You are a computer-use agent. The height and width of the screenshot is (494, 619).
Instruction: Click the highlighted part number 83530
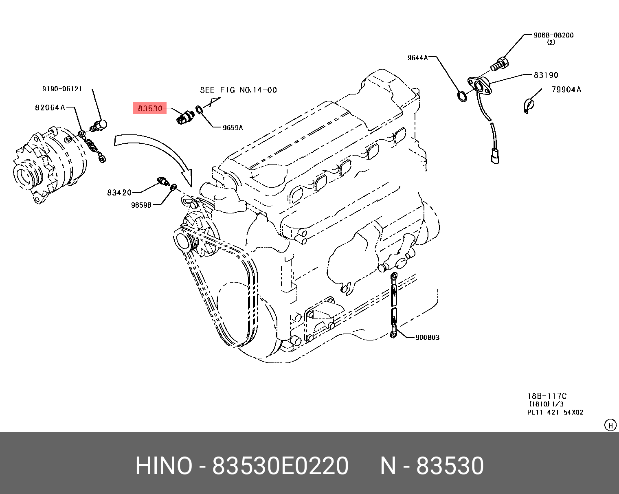click(150, 108)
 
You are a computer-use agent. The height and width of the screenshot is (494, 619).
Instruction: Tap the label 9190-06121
click(62, 89)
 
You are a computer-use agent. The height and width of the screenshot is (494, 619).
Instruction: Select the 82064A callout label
click(50, 108)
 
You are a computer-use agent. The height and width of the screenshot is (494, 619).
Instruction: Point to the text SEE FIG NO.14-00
click(238, 90)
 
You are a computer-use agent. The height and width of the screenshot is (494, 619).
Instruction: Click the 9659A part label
click(233, 127)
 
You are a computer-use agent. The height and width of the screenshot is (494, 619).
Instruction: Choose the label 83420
click(119, 193)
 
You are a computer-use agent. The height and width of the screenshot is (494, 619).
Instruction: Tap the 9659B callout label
click(141, 205)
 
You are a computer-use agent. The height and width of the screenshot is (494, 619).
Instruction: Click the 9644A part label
click(418, 57)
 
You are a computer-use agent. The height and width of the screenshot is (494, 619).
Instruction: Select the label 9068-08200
click(553, 35)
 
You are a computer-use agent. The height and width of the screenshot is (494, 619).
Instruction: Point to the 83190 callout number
click(546, 75)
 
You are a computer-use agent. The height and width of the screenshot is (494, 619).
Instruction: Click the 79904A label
click(566, 90)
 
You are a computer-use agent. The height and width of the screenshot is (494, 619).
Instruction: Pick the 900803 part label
click(428, 337)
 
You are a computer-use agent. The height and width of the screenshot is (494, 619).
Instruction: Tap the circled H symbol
click(610, 425)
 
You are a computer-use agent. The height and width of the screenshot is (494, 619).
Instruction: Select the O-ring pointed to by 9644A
click(462, 96)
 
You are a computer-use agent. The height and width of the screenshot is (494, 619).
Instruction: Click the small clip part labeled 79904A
click(527, 105)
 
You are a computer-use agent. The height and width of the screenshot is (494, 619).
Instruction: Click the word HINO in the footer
click(164, 466)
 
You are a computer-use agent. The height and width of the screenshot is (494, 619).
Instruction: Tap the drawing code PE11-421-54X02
click(555, 412)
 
